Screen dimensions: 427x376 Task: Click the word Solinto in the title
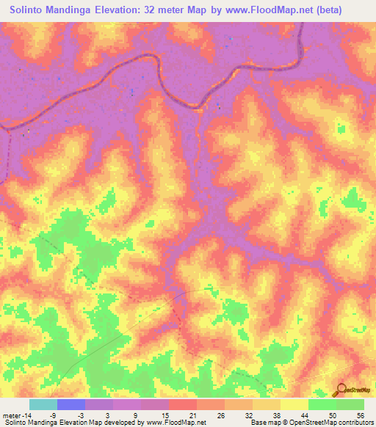tap(28, 10)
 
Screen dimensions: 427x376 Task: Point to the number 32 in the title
tap(167, 10)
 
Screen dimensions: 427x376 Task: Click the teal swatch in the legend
tap(43, 405)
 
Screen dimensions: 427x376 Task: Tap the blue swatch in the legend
tap(71, 405)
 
